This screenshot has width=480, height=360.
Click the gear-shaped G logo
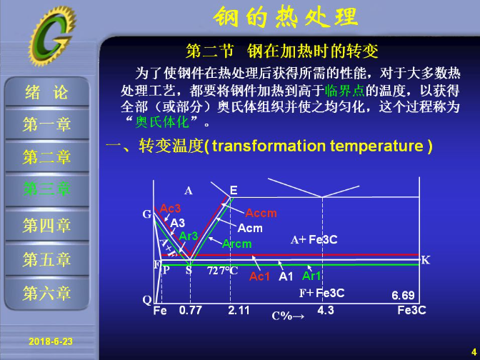(52, 35)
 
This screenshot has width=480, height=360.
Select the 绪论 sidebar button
(47, 92)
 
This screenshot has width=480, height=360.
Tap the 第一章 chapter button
(47, 124)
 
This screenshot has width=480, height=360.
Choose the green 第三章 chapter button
(47, 189)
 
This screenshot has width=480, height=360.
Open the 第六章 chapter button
(47, 293)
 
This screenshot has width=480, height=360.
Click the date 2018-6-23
(51, 341)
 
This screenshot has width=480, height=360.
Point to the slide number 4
(474, 351)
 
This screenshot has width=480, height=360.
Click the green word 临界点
(345, 90)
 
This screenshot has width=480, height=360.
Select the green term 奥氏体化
(162, 122)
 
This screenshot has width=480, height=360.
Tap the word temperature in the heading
(376, 146)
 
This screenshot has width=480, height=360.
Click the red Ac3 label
(170, 209)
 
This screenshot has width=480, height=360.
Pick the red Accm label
(261, 213)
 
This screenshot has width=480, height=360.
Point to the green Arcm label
(237, 244)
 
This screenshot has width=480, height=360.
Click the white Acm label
(250, 228)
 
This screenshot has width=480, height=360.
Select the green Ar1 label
(311, 276)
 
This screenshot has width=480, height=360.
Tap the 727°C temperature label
(223, 271)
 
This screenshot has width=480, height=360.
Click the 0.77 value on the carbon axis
(191, 311)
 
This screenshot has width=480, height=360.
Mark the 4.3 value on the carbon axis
(326, 311)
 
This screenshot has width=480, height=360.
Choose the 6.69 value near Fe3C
(403, 295)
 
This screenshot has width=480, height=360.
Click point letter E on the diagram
(234, 191)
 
